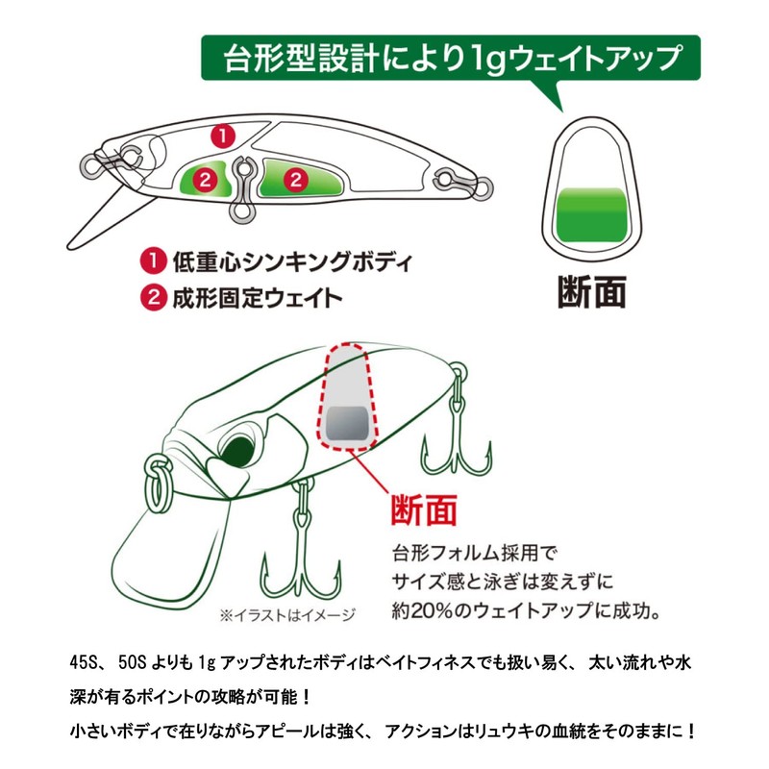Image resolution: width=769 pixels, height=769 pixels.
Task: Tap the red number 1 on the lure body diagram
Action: pyautogui.click(x=223, y=136)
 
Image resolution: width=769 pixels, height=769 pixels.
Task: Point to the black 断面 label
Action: pyautogui.click(x=592, y=291)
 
